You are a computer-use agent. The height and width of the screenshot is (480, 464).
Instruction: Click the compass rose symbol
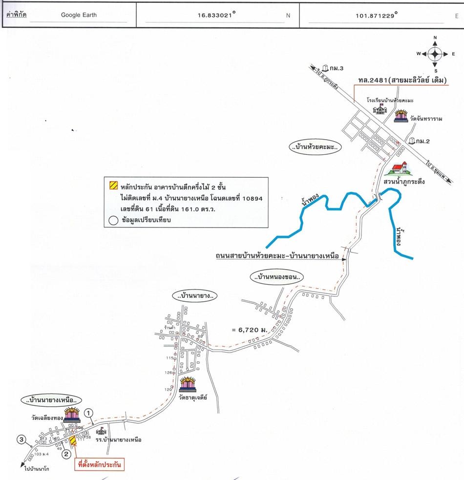(x=435, y=53)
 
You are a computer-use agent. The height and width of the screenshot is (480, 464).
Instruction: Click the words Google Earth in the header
(x=79, y=15)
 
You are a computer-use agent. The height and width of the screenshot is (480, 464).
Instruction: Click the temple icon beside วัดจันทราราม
(x=401, y=116)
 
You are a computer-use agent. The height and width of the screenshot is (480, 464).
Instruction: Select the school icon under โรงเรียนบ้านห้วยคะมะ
(x=380, y=109)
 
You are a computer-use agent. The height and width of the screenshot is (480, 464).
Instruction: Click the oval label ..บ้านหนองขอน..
(x=276, y=277)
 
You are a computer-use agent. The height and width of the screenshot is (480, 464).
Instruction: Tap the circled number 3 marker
(x=21, y=439)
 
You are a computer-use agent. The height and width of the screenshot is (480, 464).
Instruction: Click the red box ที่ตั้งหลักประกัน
(x=99, y=464)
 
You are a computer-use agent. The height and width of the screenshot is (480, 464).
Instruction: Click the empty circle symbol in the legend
(x=113, y=220)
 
